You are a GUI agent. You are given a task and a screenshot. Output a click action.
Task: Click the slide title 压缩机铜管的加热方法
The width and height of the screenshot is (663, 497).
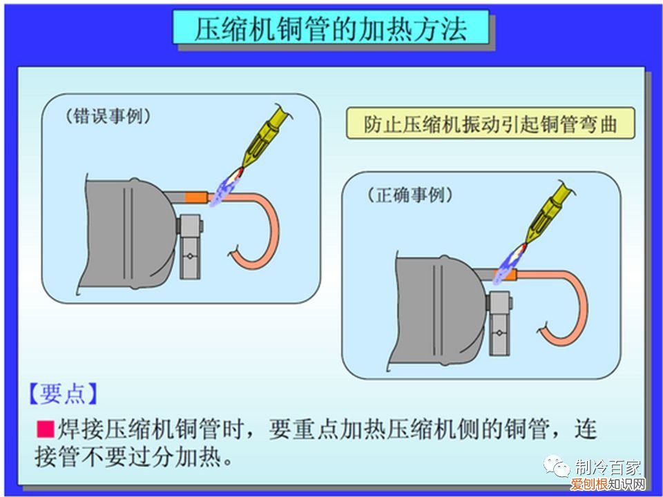click(x=331, y=28)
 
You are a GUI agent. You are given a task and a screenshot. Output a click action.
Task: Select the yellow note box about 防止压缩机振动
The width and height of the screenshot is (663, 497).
click(x=490, y=124)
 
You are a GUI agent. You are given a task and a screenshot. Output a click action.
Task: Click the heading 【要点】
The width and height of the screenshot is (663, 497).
click(x=63, y=393)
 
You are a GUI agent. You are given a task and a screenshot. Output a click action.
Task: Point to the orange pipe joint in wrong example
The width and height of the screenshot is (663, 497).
click(x=196, y=197)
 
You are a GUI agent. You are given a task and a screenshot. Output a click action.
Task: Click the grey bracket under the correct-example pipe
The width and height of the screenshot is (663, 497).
click(x=499, y=324)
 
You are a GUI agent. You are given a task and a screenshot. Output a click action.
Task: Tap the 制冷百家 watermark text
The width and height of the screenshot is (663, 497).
click(x=608, y=467)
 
